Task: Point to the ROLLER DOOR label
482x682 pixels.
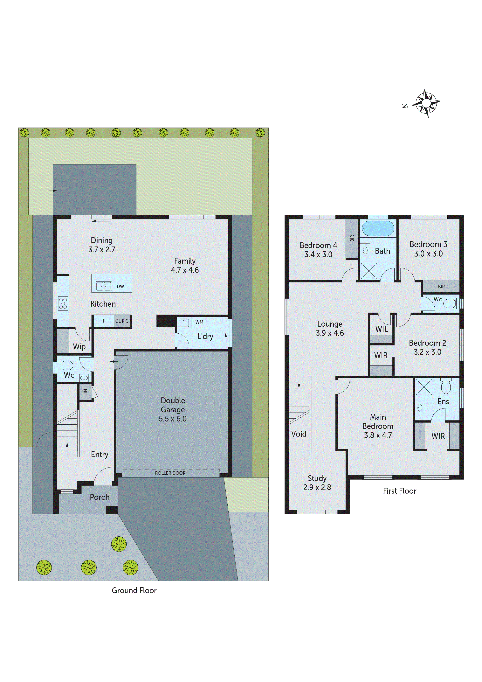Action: (x=170, y=473)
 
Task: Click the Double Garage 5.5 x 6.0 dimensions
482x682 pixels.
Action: (x=173, y=419)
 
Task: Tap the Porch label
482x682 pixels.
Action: (x=100, y=497)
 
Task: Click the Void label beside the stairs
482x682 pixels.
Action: (x=299, y=434)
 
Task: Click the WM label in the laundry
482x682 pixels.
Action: (x=199, y=322)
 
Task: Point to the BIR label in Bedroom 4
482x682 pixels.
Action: (x=352, y=238)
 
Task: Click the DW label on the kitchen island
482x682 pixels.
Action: (x=120, y=286)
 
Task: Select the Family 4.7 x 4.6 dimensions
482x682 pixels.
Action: (x=185, y=270)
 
